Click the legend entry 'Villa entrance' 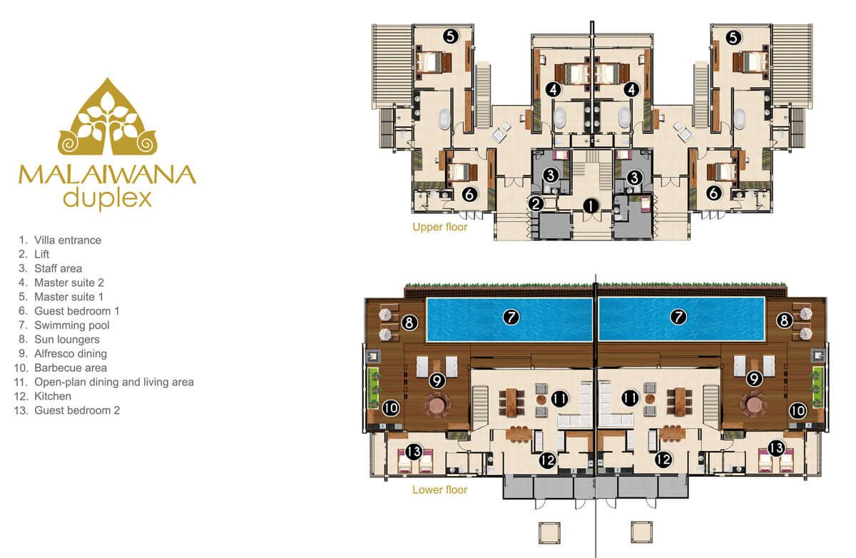tap(68, 240)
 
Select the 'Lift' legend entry tap(41, 254)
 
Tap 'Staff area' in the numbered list tap(58, 268)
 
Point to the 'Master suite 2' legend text tap(69, 283)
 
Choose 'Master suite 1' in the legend tap(68, 297)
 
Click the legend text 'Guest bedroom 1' tap(77, 310)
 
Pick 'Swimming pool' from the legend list tap(72, 325)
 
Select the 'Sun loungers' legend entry tap(67, 340)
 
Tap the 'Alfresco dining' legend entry tap(71, 353)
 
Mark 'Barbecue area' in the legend tap(71, 367)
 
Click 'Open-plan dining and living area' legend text tap(114, 382)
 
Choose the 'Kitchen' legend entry tap(53, 396)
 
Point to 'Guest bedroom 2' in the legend tap(77, 410)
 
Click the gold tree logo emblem tap(108, 116)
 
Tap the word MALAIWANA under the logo tap(108, 175)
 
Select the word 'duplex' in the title tap(108, 198)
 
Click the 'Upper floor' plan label tap(440, 227)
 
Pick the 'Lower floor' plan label tap(440, 489)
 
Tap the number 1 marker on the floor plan tap(591, 206)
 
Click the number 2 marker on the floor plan tap(536, 203)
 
